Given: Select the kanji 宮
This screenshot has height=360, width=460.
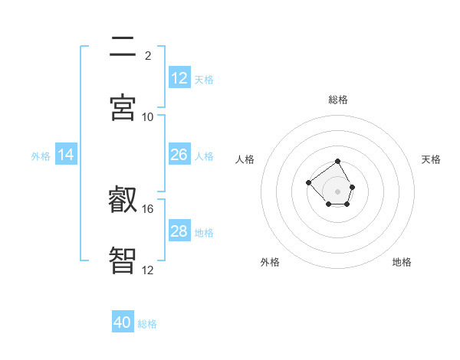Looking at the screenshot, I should tap(123, 108).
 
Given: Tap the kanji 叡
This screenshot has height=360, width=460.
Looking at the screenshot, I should tap(123, 201).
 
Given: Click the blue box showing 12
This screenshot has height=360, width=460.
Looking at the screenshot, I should tap(179, 78).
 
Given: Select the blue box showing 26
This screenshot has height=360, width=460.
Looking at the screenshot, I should tap(179, 155).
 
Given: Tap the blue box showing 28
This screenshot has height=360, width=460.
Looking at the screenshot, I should tap(179, 231).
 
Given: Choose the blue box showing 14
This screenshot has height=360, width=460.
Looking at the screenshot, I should tap(66, 155).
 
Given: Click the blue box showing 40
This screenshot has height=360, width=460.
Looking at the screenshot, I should tap(123, 322).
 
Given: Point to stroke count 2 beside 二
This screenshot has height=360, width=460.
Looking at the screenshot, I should tap(148, 55).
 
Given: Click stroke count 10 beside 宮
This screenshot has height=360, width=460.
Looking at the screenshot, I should tap(148, 116).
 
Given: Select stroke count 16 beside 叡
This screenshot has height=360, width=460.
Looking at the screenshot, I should tap(148, 208).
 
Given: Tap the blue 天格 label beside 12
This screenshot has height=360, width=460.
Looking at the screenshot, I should tap(204, 79).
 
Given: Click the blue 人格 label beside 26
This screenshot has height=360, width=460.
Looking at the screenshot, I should tap(204, 155).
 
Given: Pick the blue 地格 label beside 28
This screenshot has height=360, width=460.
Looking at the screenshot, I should tap(204, 232).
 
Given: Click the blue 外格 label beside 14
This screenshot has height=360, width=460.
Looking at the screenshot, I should tap(41, 155).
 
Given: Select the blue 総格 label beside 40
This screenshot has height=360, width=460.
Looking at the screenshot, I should tap(147, 323).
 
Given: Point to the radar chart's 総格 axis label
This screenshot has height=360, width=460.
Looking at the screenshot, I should tap(338, 100).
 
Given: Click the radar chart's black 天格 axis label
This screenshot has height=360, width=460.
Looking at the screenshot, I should tap(431, 159).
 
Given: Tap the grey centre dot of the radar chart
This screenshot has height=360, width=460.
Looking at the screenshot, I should tap(338, 191).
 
